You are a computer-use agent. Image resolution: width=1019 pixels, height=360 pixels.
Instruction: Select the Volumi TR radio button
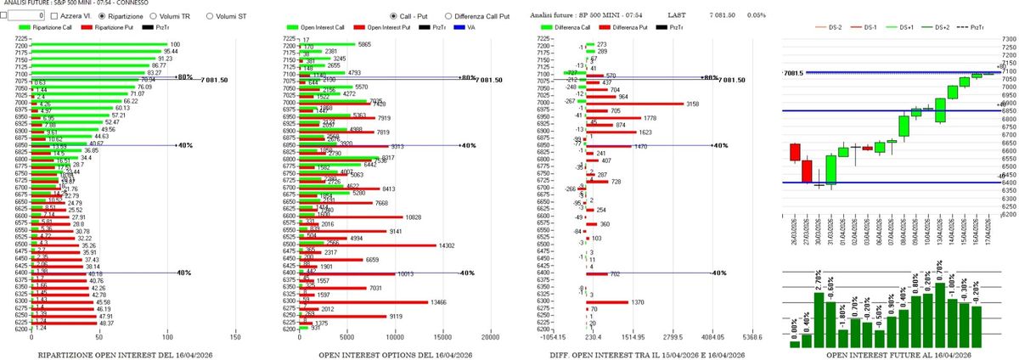point(153,16)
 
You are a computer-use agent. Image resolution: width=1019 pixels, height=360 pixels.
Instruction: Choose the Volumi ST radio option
point(210,16)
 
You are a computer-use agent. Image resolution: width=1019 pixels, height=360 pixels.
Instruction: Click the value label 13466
point(461,301)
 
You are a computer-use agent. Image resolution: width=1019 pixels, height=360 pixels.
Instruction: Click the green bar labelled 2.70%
point(819,318)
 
